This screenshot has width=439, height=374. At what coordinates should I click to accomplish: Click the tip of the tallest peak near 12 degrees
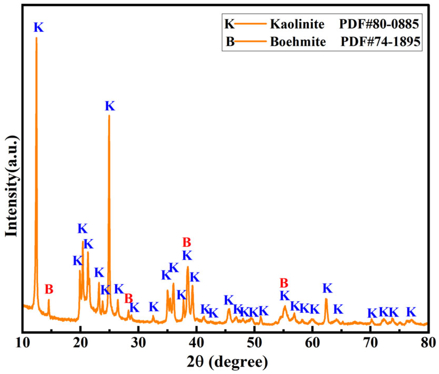(x=36, y=38)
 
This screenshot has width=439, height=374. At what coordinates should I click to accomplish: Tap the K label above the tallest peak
(x=39, y=27)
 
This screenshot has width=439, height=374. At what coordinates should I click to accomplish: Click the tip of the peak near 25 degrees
(x=109, y=115)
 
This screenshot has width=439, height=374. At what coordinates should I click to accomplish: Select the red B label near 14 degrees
(x=49, y=289)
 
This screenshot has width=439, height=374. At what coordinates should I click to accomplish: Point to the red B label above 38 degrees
(x=187, y=242)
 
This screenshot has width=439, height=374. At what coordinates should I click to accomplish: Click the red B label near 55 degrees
(x=284, y=283)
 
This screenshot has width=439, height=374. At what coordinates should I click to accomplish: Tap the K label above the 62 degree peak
(x=327, y=288)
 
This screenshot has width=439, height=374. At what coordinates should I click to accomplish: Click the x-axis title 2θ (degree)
(x=227, y=362)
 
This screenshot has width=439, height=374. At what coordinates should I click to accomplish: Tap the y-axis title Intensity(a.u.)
(x=12, y=186)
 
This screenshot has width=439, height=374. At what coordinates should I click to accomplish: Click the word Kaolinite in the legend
(x=297, y=24)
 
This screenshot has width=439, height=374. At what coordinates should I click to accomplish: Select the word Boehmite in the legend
(x=298, y=42)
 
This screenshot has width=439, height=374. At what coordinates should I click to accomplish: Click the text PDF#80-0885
(x=379, y=24)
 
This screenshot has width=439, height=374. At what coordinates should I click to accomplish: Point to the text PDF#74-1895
(x=380, y=42)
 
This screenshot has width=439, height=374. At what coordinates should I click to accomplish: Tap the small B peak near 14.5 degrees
(x=49, y=300)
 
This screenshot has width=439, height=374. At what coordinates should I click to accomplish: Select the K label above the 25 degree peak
(x=110, y=106)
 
